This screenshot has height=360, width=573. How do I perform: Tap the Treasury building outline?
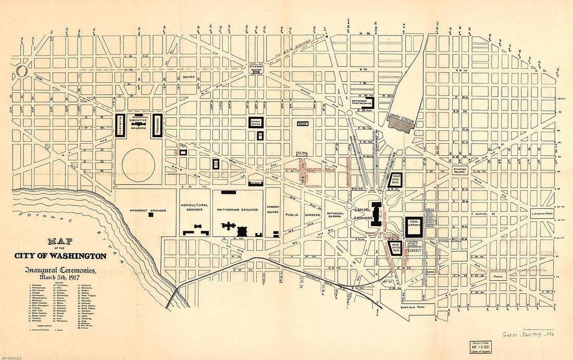pyautogui.click(x=158, y=126)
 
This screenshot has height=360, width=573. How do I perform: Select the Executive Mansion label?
pyautogui.click(x=139, y=123)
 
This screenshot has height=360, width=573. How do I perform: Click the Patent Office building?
pyautogui.click(x=255, y=122)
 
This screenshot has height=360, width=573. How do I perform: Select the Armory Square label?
pyautogui.click(x=273, y=209)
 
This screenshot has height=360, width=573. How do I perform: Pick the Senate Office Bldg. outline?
pyautogui.click(x=396, y=179)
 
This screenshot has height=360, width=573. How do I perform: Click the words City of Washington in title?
pyautogui.click(x=60, y=256)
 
